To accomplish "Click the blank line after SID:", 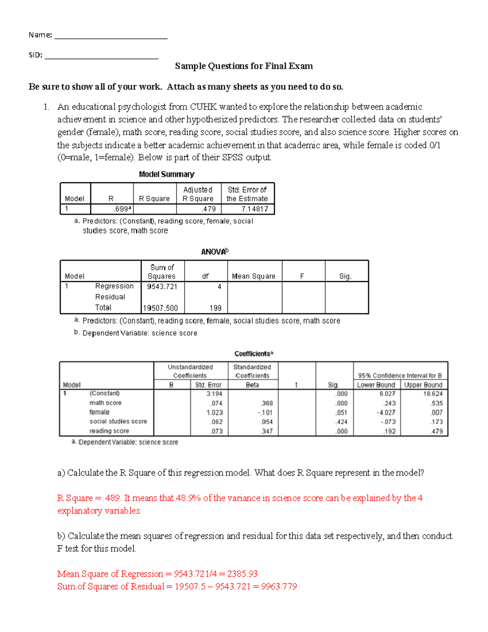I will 101,57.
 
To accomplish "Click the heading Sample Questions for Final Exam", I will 244,66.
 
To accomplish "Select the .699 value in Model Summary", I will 122,209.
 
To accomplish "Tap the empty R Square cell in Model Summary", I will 155,209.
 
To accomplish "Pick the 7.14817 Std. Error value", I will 255,209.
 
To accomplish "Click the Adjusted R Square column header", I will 198,194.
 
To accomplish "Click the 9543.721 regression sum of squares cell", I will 162,286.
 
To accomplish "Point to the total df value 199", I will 215,308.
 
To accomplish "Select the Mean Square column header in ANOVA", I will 253,276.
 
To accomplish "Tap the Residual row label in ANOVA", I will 110,297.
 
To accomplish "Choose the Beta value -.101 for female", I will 265,413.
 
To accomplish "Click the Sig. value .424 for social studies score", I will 341,422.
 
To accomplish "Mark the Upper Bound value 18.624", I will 433,394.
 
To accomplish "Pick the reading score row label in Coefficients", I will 109,431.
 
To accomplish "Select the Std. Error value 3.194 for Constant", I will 214,394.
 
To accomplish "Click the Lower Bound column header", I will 376,385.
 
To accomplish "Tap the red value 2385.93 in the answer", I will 242,574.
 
